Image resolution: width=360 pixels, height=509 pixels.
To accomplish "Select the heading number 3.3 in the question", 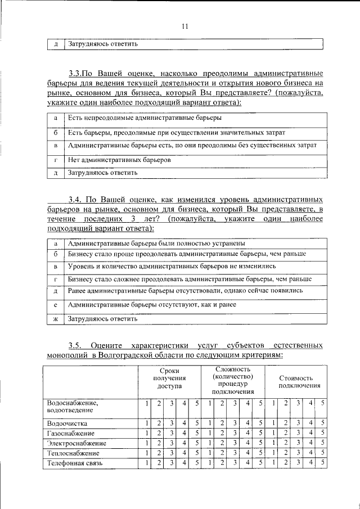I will pos(75,74).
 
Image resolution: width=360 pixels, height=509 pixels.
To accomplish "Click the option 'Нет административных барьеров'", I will pos(119,160).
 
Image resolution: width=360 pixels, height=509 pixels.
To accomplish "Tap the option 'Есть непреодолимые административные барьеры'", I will pos(145,118).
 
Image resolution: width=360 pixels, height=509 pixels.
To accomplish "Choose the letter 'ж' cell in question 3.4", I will pos(56,318).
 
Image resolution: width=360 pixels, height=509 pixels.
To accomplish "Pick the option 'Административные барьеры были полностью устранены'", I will pos(156,244).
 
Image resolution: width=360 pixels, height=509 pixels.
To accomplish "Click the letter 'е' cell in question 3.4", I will pos(56,305).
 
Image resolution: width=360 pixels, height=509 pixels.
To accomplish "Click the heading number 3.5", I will pos(75,345).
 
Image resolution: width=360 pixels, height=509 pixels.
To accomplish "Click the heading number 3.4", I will pos(75,200).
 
